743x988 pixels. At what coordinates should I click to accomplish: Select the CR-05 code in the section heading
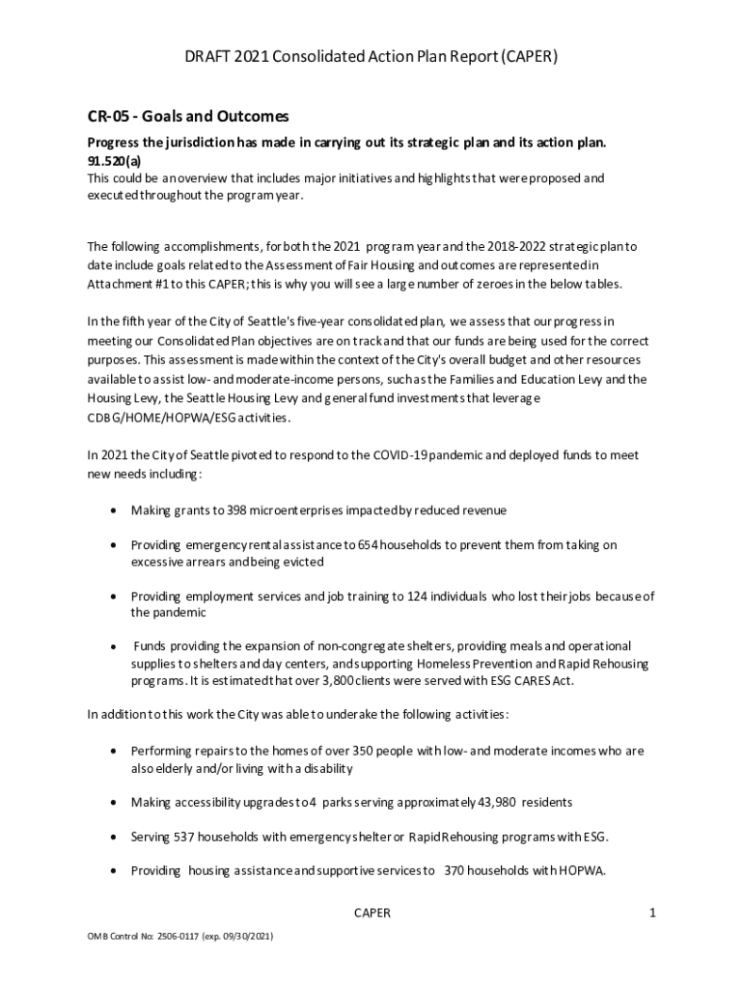tap(108, 117)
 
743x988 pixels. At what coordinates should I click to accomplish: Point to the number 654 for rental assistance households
tap(368, 545)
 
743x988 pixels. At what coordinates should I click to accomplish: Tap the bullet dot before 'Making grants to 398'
tap(116, 510)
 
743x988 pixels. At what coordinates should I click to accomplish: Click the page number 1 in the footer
tap(652, 913)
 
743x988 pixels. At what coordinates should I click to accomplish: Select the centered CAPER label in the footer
tap(371, 913)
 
